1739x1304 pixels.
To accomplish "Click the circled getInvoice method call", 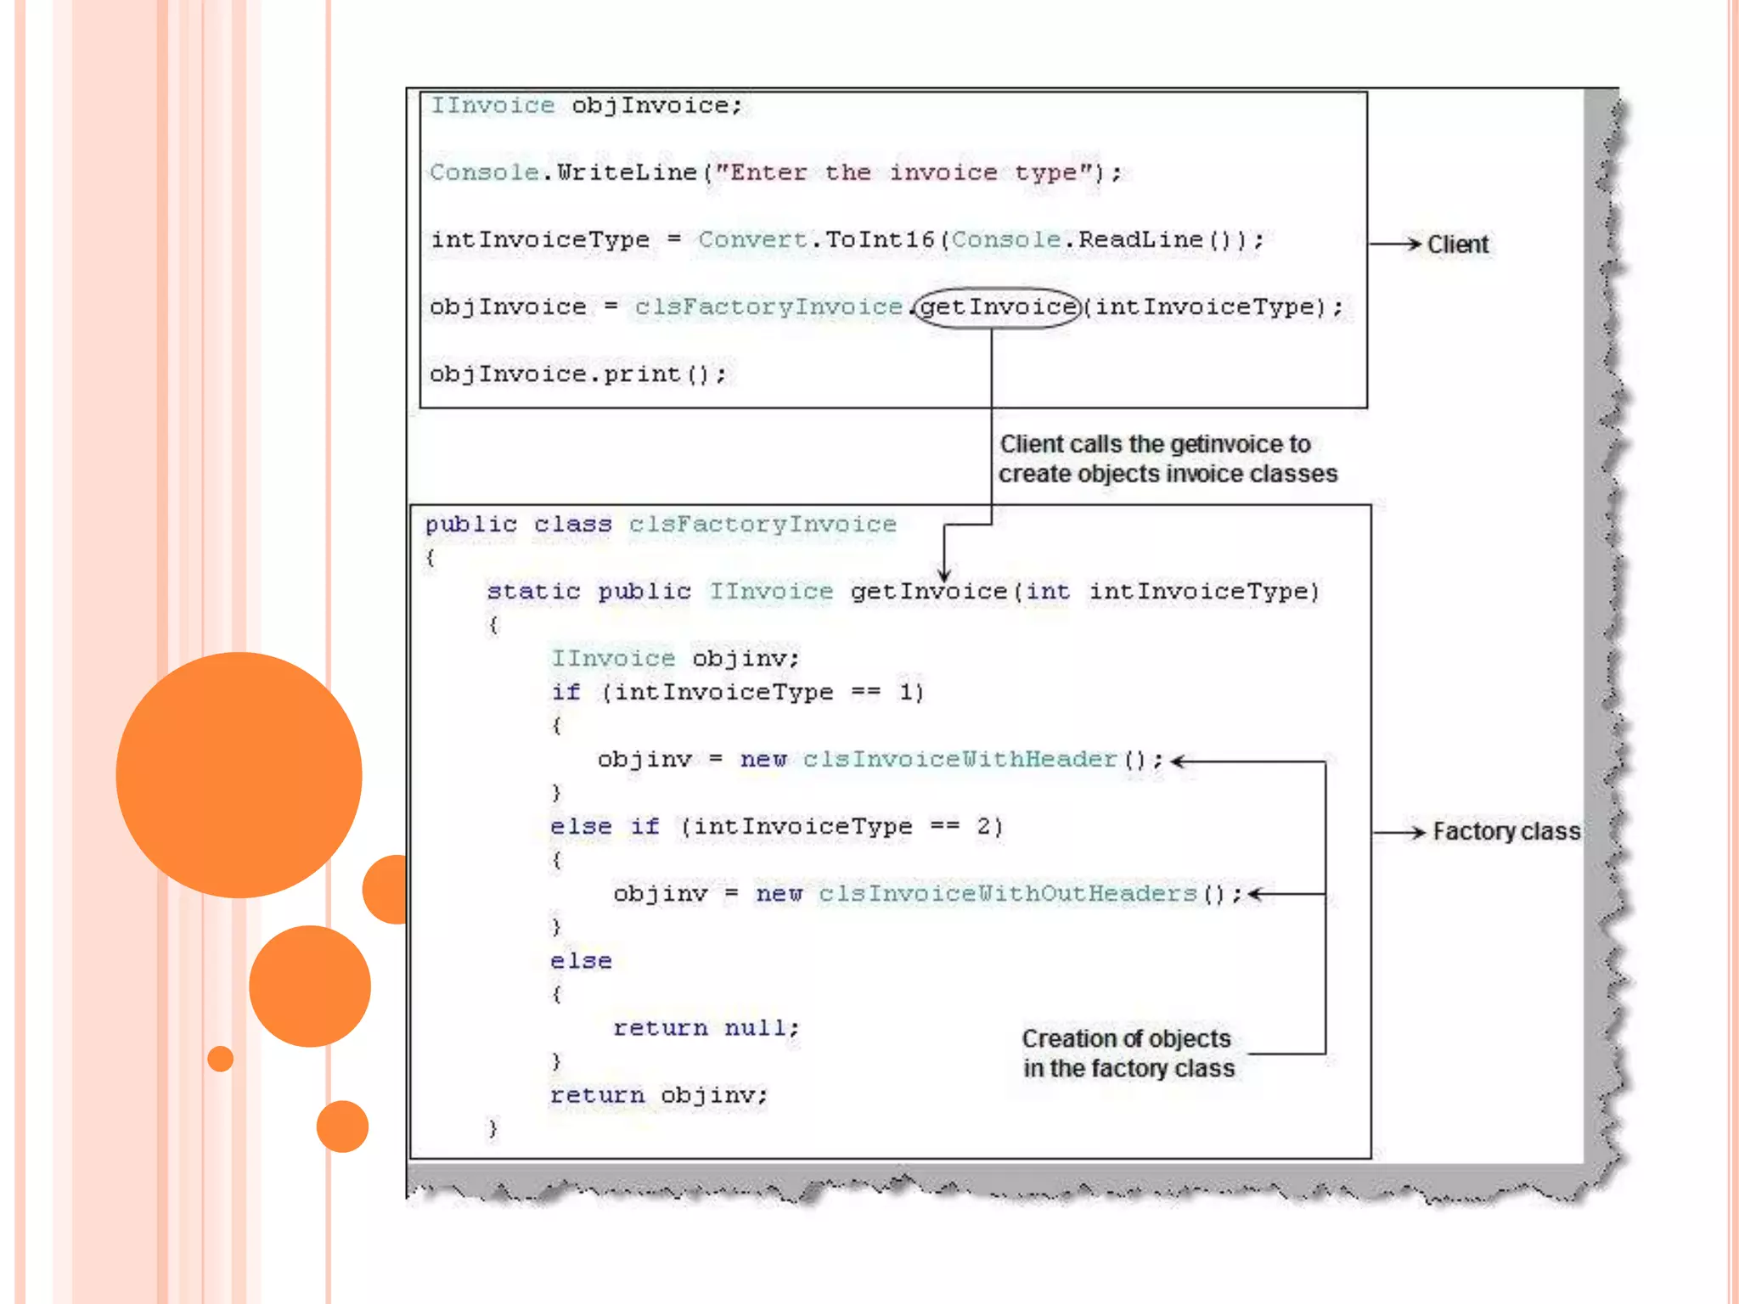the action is pyautogui.click(x=998, y=306).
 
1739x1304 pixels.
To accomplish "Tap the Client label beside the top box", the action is pyautogui.click(x=1457, y=244).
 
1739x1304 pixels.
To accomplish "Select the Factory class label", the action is pyautogui.click(x=1506, y=831).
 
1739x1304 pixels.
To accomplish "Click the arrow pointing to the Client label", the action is pyautogui.click(x=1396, y=244).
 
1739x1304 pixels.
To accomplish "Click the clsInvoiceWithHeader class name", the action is pyautogui.click(x=960, y=759).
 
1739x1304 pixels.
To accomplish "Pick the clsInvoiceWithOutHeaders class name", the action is pyautogui.click(x=1007, y=894).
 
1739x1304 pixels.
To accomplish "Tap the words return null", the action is pyautogui.click(x=706, y=1028).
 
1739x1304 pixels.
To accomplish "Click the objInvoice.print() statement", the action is pyautogui.click(x=577, y=374).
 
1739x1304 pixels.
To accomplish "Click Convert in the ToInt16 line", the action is pyautogui.click(x=751, y=239).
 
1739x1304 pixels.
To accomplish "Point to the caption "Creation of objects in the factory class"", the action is pyautogui.click(x=1128, y=1054).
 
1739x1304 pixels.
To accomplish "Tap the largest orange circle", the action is pyautogui.click(x=239, y=774).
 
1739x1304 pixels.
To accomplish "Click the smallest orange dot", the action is pyautogui.click(x=221, y=1059).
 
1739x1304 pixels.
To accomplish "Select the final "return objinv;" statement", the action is pyautogui.click(x=658, y=1095).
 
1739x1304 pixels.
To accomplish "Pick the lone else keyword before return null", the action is pyautogui.click(x=581, y=961).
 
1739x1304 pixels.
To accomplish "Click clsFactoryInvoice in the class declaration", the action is pyautogui.click(x=762, y=524).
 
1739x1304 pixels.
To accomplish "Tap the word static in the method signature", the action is pyautogui.click(x=533, y=591).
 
